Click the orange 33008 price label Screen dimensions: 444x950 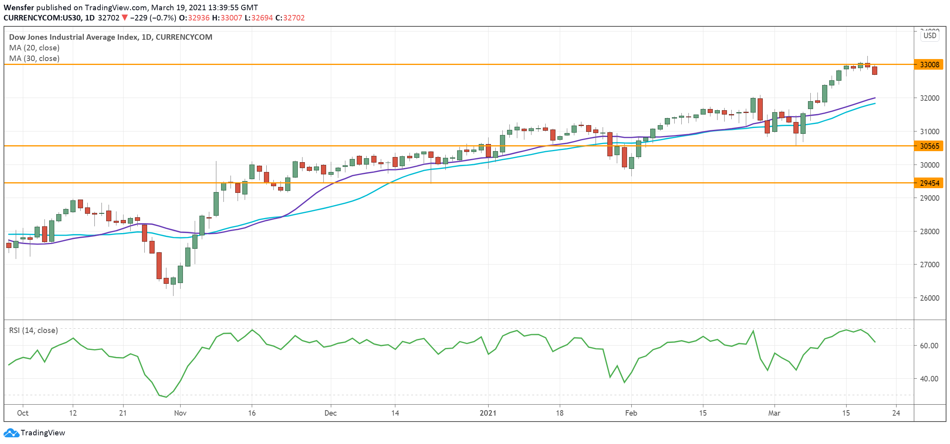[x=929, y=65]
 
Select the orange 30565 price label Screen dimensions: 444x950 [x=929, y=146]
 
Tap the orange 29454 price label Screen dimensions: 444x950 [x=929, y=183]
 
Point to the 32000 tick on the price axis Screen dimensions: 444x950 [x=930, y=98]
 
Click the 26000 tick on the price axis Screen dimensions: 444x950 [x=930, y=298]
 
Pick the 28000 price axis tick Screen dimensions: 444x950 [x=930, y=231]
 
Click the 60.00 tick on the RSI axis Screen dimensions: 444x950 [x=929, y=346]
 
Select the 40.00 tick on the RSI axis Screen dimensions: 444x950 [x=929, y=379]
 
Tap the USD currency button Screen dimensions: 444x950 [x=930, y=36]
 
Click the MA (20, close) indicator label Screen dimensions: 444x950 [x=34, y=48]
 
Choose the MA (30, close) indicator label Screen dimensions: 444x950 [x=34, y=58]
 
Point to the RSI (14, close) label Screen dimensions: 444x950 [x=33, y=330]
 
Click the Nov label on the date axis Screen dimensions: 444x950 [x=180, y=413]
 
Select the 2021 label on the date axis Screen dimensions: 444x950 [x=488, y=413]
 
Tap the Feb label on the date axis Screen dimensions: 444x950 [x=631, y=413]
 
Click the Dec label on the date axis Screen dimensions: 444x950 [x=330, y=413]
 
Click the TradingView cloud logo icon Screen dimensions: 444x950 [x=11, y=433]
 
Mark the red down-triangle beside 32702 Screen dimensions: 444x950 [x=125, y=18]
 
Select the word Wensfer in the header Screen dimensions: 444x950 [x=19, y=7]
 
